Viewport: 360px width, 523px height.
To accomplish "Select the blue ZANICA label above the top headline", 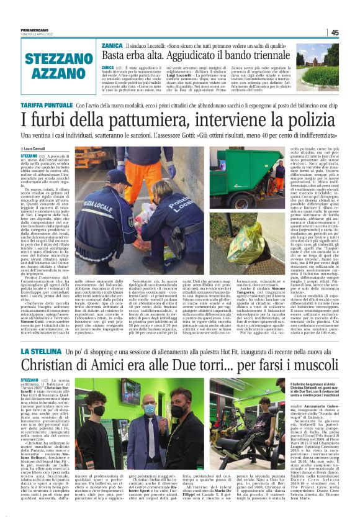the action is (x=112, y=46).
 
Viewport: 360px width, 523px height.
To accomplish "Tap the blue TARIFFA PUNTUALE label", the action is (x=46, y=106).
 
